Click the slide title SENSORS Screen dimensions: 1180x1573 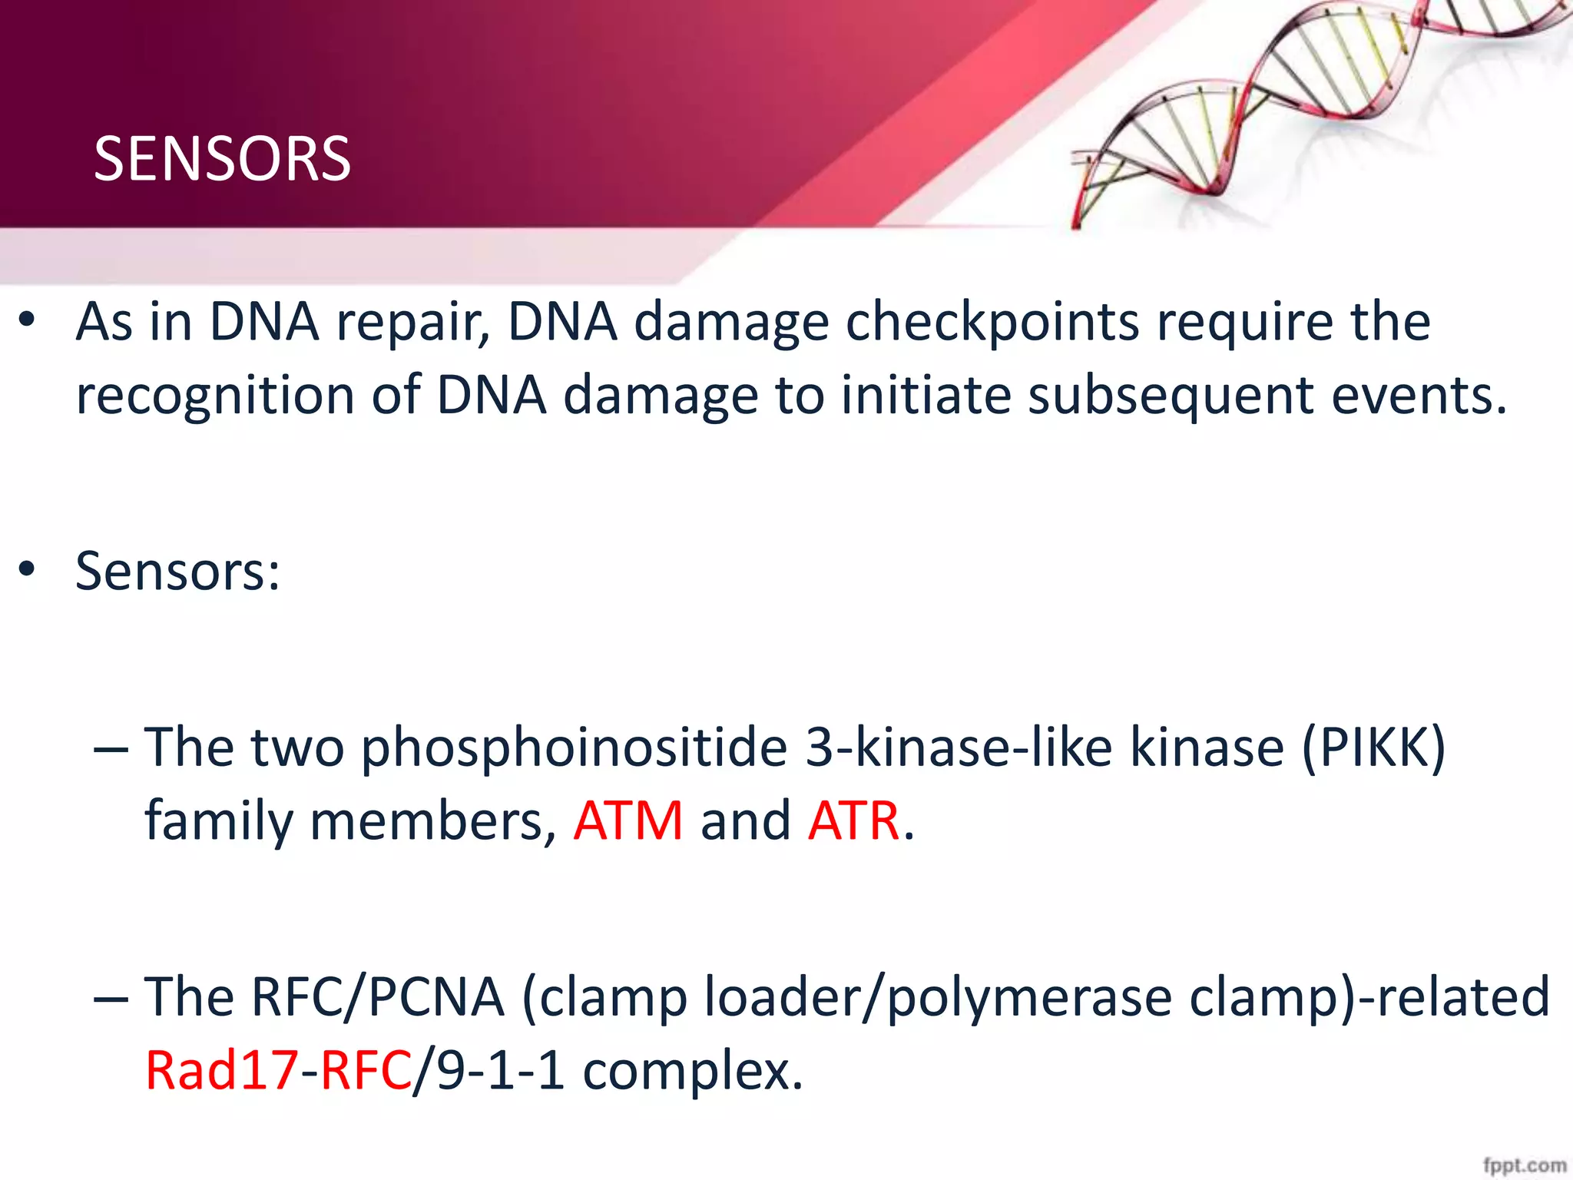pyautogui.click(x=222, y=159)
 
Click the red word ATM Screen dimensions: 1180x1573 pyautogui.click(x=628, y=821)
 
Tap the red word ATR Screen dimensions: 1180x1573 pyautogui.click(x=853, y=821)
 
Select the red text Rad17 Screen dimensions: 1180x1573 pyautogui.click(x=221, y=1071)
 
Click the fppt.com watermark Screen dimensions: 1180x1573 pyautogui.click(x=1524, y=1165)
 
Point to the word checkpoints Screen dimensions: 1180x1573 pyautogui.click(x=992, y=323)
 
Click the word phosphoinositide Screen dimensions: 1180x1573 pyautogui.click(x=575, y=747)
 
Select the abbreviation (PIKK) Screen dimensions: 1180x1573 pyautogui.click(x=1373, y=747)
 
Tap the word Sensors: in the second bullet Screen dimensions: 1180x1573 pyautogui.click(x=177, y=572)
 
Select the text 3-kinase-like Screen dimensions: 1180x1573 pyautogui.click(x=959, y=747)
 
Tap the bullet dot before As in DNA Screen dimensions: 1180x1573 pyautogui.click(x=28, y=321)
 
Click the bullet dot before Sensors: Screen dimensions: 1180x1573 pyautogui.click(x=28, y=571)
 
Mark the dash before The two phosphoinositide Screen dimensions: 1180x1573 pyautogui.click(x=111, y=749)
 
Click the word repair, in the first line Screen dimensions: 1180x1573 pyautogui.click(x=413, y=323)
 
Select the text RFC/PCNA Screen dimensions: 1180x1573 pyautogui.click(x=378, y=997)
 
